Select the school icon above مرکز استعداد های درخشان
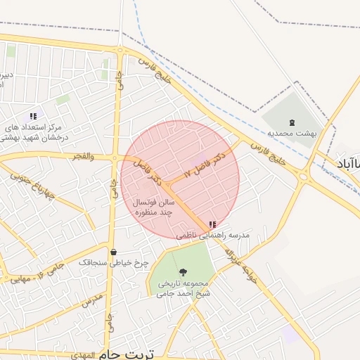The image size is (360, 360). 32,116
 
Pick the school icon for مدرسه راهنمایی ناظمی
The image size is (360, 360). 212,225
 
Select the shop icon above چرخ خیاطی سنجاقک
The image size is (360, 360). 114,252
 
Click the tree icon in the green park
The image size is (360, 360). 184,271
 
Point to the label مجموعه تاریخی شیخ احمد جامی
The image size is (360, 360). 184,288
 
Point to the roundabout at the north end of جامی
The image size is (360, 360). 122,51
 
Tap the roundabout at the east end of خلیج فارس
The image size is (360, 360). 303,176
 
